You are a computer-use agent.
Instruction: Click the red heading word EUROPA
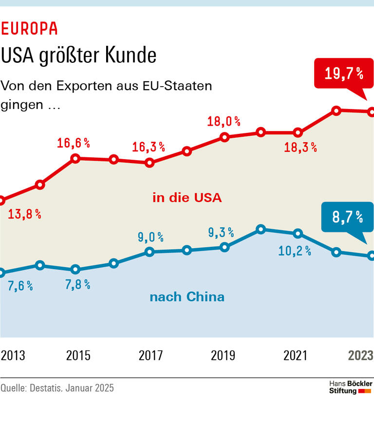tap(29, 29)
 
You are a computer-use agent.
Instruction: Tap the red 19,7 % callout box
tap(344, 74)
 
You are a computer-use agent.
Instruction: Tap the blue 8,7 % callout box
tap(347, 217)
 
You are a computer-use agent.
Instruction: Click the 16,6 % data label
tap(74, 143)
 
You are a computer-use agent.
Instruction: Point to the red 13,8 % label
tap(24, 214)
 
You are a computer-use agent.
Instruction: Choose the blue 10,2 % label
tap(295, 251)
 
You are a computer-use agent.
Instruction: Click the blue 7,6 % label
tap(20, 286)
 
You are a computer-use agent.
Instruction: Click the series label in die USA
tap(187, 198)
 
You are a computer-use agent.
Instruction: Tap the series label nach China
tap(187, 297)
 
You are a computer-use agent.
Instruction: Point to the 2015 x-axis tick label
tap(78, 355)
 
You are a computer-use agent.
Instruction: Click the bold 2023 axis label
tap(360, 355)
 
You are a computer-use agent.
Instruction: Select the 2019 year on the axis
tap(223, 355)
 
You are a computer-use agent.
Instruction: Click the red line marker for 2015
tap(75, 158)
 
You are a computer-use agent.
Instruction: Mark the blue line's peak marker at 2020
tap(261, 229)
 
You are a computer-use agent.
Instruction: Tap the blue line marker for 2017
tap(150, 252)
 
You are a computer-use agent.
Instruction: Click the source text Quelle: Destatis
tap(57, 388)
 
